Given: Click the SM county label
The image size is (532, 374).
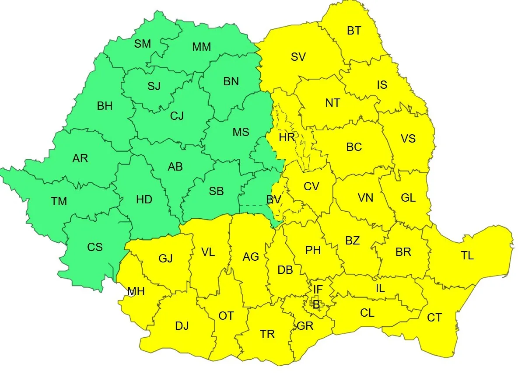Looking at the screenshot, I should pyautogui.click(x=143, y=44).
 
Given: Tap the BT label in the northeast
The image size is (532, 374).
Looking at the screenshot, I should pyautogui.click(x=354, y=31).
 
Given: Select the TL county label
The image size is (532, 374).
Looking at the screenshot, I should pyautogui.click(x=467, y=255).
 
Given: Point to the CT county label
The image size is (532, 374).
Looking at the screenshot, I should pyautogui.click(x=434, y=318).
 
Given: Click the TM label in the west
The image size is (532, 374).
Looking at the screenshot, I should pyautogui.click(x=59, y=201).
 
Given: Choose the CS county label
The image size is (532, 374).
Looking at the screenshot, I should pyautogui.click(x=94, y=247).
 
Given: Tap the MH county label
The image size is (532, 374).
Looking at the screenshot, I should pyautogui.click(x=136, y=291).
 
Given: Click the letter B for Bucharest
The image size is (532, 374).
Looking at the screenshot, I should pyautogui.click(x=316, y=305).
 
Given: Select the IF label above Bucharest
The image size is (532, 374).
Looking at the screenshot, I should pyautogui.click(x=318, y=289).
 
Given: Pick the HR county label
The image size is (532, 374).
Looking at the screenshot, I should pyautogui.click(x=287, y=138).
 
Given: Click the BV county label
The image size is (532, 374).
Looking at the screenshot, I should pyautogui.click(x=273, y=200).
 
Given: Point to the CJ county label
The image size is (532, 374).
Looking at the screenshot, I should pyautogui.click(x=177, y=116).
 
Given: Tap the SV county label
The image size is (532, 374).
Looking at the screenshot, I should pyautogui.click(x=298, y=57).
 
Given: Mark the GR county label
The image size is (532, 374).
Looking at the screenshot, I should pyautogui.click(x=304, y=326).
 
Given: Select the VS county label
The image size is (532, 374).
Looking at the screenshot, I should pyautogui.click(x=408, y=139).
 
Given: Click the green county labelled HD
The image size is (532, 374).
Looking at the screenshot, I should pyautogui.click(x=144, y=200).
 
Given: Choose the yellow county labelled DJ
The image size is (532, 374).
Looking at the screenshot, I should pyautogui.click(x=182, y=326).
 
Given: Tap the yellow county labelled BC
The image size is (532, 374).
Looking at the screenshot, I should pyautogui.click(x=354, y=147).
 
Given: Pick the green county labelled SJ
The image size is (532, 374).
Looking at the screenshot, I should pyautogui.click(x=154, y=86).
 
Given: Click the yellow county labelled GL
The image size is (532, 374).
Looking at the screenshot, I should pyautogui.click(x=408, y=198).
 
